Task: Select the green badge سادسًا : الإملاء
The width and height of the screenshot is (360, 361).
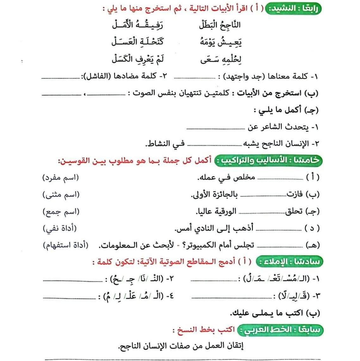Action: (289, 262)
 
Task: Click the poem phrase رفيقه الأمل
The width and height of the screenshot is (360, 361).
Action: (137, 25)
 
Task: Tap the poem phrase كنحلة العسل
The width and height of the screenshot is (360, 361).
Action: (137, 42)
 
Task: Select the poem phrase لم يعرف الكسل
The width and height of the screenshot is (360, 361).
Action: (138, 59)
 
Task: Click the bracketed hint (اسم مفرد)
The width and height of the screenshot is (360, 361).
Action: (60, 177)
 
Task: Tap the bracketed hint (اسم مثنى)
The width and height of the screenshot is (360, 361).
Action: (61, 194)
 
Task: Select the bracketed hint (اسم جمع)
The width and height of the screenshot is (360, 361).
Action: (61, 211)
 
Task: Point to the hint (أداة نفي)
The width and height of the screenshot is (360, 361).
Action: (60, 228)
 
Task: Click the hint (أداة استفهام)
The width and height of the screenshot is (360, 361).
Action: (66, 245)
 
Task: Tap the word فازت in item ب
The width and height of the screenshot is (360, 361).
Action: (294, 194)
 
